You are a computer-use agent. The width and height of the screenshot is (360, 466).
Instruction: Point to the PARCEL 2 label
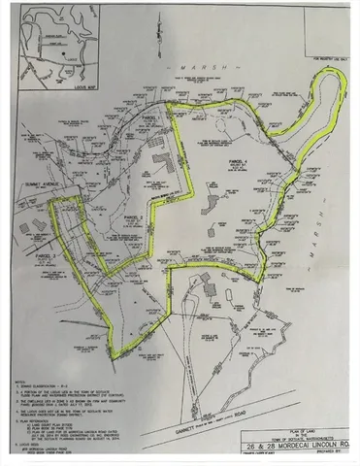tap(134, 217)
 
